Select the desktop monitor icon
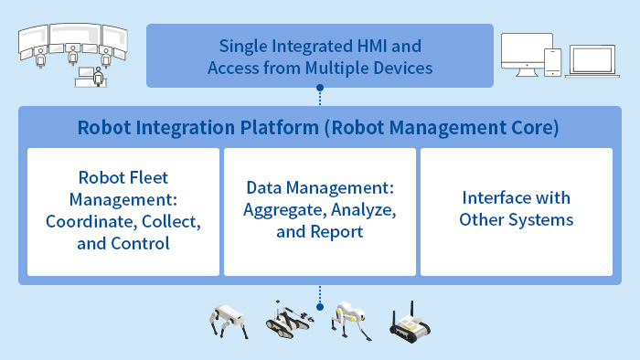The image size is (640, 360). click(519, 56)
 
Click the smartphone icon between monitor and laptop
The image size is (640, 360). click(551, 61)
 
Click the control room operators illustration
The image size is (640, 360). click(71, 53)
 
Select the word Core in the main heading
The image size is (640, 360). click(532, 128)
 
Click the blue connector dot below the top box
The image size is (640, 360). click(320, 90)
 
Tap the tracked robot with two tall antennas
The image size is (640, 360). click(412, 322)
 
